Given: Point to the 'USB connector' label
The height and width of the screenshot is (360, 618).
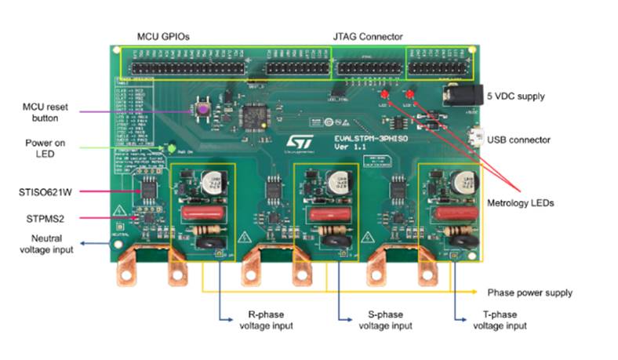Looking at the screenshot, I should point(518,140).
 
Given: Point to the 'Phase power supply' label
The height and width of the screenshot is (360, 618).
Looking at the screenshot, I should point(529,293).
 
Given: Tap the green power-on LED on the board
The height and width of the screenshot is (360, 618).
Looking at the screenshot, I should point(169,147).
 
